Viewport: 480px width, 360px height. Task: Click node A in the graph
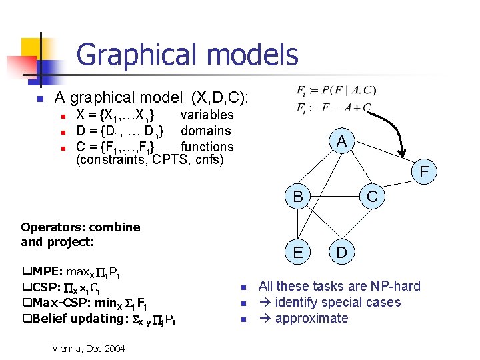(341, 141)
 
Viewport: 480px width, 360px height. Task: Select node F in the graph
(424, 173)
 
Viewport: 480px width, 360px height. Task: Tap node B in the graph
(298, 197)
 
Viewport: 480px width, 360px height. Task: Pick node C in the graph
(372, 197)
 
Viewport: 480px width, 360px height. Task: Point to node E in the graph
(298, 253)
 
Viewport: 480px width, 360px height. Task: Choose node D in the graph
(341, 253)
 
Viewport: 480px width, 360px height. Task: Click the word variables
(207, 115)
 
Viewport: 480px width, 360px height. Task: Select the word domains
(206, 131)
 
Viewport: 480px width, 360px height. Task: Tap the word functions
(207, 147)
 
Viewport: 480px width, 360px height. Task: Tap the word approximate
(311, 318)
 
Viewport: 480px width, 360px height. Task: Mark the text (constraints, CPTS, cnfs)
(150, 160)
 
